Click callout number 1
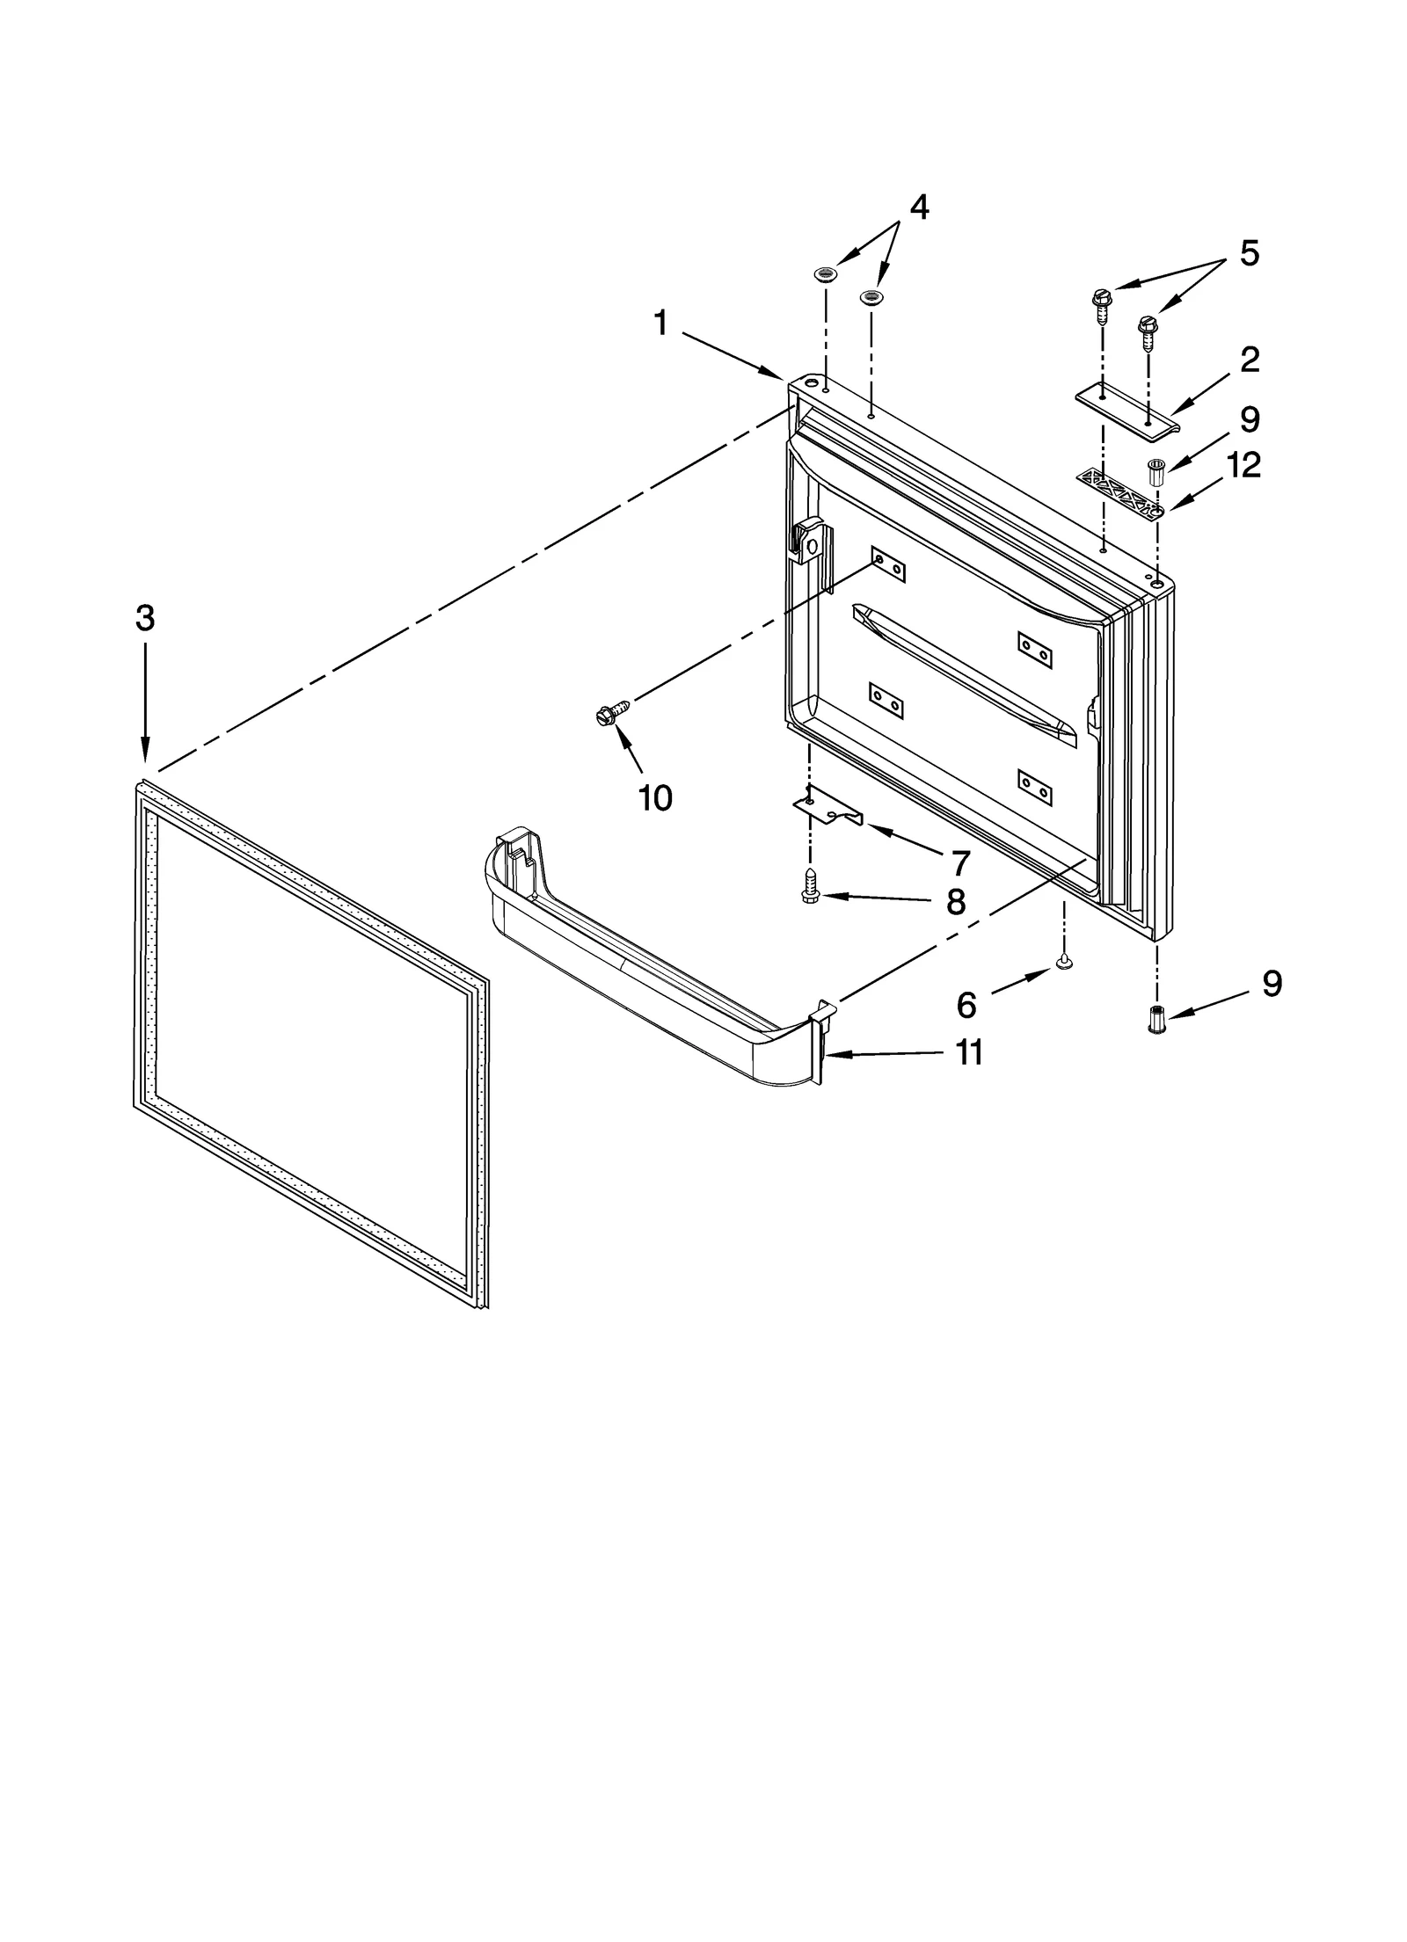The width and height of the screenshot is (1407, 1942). coord(660,324)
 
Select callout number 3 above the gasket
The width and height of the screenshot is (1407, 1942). coord(145,618)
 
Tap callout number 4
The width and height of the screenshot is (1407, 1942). coord(918,207)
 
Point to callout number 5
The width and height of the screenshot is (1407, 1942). coord(1249,253)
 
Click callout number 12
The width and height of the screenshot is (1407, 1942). coord(1243,465)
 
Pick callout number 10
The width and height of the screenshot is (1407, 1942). coord(655,798)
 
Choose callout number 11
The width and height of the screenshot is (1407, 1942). coord(968,1052)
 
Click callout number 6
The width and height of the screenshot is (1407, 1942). coord(966,1005)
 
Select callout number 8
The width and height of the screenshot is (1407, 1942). coord(956,901)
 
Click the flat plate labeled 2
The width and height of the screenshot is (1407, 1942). coord(1126,408)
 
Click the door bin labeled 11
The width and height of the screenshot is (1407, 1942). coord(651,967)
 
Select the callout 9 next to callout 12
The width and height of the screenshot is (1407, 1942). coord(1250,419)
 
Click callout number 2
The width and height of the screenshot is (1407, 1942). coord(1250,360)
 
